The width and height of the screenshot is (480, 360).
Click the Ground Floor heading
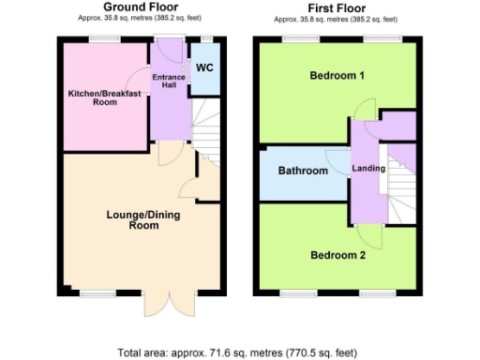tap(142, 7)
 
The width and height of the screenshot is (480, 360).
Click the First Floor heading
tap(336, 7)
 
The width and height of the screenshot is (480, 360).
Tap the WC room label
tap(204, 67)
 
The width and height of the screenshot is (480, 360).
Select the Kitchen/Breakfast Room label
tap(104, 97)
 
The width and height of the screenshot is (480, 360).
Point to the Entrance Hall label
tap(170, 81)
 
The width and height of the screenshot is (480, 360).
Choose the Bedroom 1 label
tap(337, 76)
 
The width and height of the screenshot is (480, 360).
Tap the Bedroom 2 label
tap(337, 254)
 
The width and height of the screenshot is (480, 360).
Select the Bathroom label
tap(303, 171)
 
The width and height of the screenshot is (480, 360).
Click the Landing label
tap(367, 168)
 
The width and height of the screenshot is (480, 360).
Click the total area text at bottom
tap(237, 352)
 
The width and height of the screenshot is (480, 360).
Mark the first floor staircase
tap(403, 183)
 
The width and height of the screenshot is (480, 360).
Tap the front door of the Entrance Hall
tap(170, 45)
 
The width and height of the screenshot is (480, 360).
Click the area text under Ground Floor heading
tap(142, 18)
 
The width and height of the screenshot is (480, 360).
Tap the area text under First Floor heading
tap(336, 18)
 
